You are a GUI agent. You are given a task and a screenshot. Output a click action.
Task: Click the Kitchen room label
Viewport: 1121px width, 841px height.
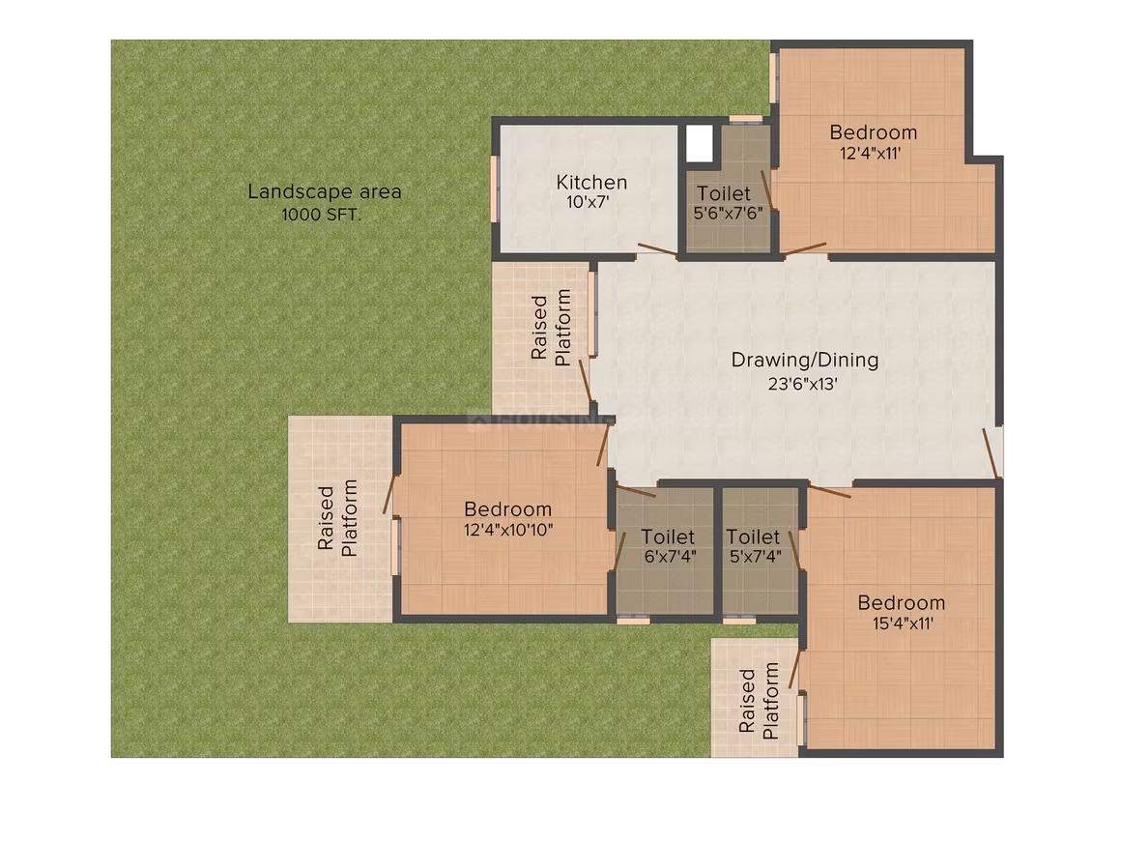pyautogui.click(x=591, y=183)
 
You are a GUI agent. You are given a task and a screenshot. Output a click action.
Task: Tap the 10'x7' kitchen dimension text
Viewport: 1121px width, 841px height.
pyautogui.click(x=588, y=202)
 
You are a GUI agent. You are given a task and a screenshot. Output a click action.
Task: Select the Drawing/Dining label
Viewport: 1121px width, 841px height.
pyautogui.click(x=804, y=361)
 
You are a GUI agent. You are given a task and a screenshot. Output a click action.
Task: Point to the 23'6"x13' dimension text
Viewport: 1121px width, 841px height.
pyautogui.click(x=802, y=384)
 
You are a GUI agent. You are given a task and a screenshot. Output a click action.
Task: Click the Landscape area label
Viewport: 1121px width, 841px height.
pyautogui.click(x=325, y=191)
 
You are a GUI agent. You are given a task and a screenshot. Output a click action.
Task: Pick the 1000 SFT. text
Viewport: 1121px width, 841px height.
pyautogui.click(x=321, y=215)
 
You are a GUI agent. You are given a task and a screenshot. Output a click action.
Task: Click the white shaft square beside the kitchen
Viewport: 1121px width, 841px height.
pyautogui.click(x=700, y=143)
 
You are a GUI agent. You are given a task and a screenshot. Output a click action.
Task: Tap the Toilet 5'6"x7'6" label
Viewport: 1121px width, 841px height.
pyautogui.click(x=727, y=203)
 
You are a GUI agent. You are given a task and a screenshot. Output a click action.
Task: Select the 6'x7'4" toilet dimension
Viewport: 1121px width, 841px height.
pyautogui.click(x=670, y=557)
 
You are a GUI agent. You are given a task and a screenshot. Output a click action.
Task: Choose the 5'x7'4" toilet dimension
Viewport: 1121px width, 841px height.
pyautogui.click(x=755, y=557)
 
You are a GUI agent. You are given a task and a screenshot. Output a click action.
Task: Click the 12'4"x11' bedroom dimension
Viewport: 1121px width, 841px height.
pyautogui.click(x=870, y=153)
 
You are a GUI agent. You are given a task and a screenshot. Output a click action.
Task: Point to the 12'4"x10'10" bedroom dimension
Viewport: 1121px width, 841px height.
pyautogui.click(x=507, y=530)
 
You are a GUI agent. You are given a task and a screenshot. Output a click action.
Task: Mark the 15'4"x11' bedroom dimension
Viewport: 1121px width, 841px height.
pyautogui.click(x=903, y=623)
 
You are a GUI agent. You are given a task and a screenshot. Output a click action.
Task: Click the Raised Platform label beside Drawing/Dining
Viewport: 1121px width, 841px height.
pyautogui.click(x=551, y=328)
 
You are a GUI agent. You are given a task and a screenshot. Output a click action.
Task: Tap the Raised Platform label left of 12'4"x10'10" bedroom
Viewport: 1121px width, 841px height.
pyautogui.click(x=336, y=518)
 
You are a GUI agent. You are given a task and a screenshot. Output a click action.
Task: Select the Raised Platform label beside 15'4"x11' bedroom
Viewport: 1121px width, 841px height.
pyautogui.click(x=759, y=701)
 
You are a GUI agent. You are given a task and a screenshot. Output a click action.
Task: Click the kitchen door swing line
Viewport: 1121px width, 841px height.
pyautogui.click(x=658, y=249)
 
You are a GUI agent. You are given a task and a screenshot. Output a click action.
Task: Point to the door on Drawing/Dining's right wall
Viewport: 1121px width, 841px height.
pyautogui.click(x=991, y=452)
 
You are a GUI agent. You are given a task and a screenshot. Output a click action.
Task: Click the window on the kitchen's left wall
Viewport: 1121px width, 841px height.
pyautogui.click(x=493, y=188)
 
